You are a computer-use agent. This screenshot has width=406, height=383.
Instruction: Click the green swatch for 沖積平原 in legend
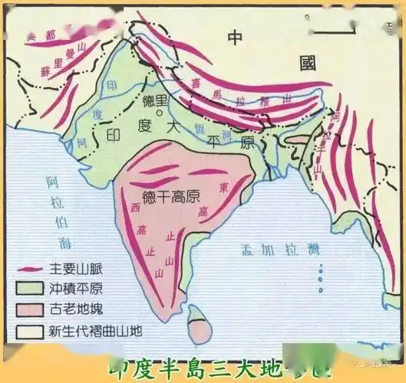(x=28, y=291)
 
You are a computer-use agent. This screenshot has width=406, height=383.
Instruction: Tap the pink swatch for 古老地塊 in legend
(x=28, y=312)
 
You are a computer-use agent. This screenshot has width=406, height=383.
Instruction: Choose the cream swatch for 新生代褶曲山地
(x=28, y=332)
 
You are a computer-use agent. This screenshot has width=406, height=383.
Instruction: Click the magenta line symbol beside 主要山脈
(x=28, y=270)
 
